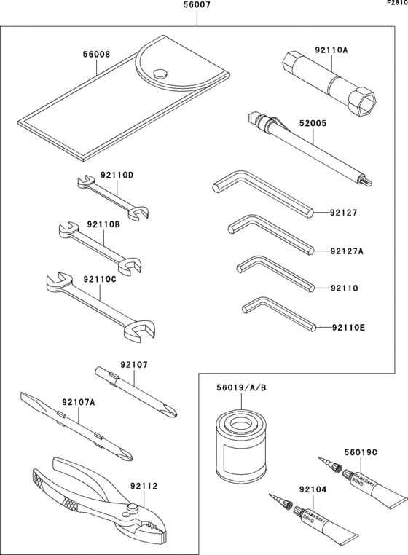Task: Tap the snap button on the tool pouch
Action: click(161, 72)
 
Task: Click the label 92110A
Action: click(331, 51)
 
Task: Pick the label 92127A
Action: click(346, 251)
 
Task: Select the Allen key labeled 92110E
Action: click(277, 313)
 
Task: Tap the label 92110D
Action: click(117, 175)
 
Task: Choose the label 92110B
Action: click(103, 225)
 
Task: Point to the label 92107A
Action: click(79, 401)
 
